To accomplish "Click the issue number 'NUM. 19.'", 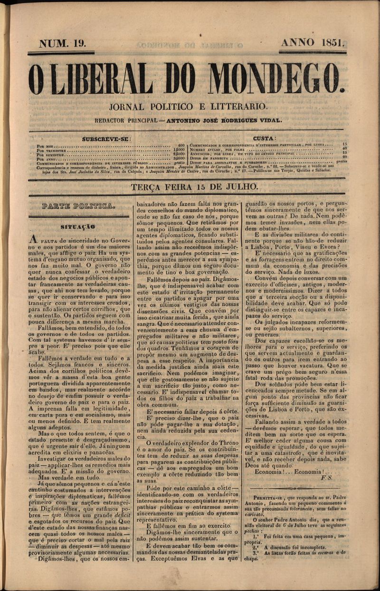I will click(62, 43).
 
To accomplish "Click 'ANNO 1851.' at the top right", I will click(313, 42).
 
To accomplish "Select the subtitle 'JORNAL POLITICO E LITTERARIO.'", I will click(188, 107).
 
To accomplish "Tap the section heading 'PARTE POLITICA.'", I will click(78, 207).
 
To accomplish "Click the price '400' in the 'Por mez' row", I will click(180, 144).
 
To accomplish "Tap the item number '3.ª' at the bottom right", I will click(256, 553).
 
